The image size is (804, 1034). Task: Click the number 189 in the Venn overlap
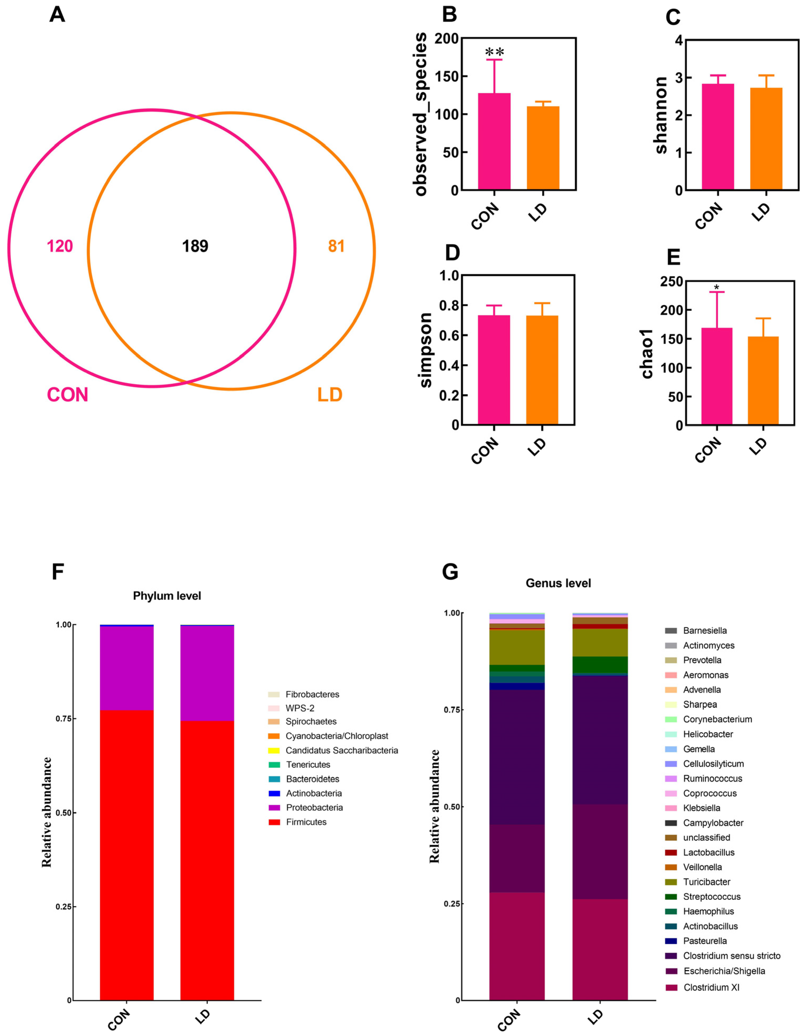195,246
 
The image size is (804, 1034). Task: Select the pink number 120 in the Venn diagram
60,246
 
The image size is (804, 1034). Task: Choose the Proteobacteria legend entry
314,807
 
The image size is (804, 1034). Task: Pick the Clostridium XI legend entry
711,987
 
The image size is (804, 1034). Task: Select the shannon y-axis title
661,115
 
